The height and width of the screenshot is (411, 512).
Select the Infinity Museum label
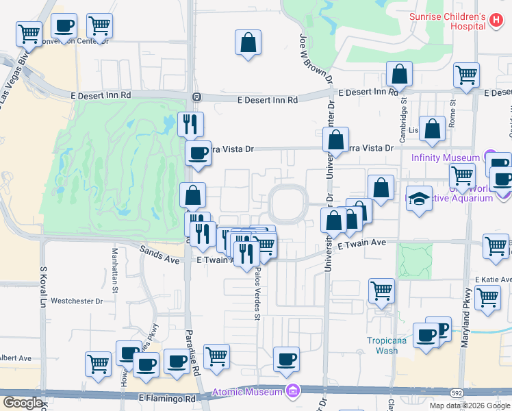(x=446, y=158)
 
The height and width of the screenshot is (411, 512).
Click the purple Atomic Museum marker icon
(x=293, y=392)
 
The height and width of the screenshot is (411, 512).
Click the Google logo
(x=23, y=403)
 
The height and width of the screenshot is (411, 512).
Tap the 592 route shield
(x=455, y=393)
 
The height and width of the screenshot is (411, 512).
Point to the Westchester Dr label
(x=77, y=301)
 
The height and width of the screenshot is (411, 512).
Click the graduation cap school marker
(x=419, y=199)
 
